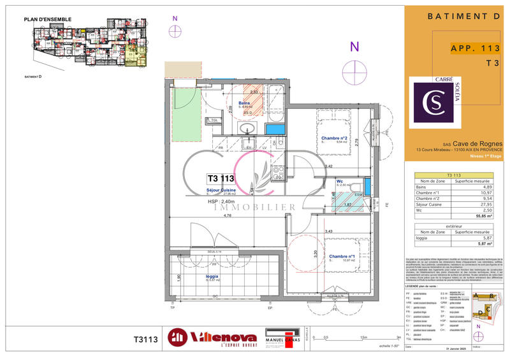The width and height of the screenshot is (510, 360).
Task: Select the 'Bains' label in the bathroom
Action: (244, 103)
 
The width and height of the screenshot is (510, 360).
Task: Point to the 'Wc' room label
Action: (341, 181)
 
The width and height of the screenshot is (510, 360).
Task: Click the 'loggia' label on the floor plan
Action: (212, 277)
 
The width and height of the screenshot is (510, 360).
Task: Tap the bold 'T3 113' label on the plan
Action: (221, 179)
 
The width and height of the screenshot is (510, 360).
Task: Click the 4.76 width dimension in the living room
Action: (227, 215)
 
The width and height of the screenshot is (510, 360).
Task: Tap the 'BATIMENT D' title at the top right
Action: (456, 15)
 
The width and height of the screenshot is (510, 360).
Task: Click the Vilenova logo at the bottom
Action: (212, 338)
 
